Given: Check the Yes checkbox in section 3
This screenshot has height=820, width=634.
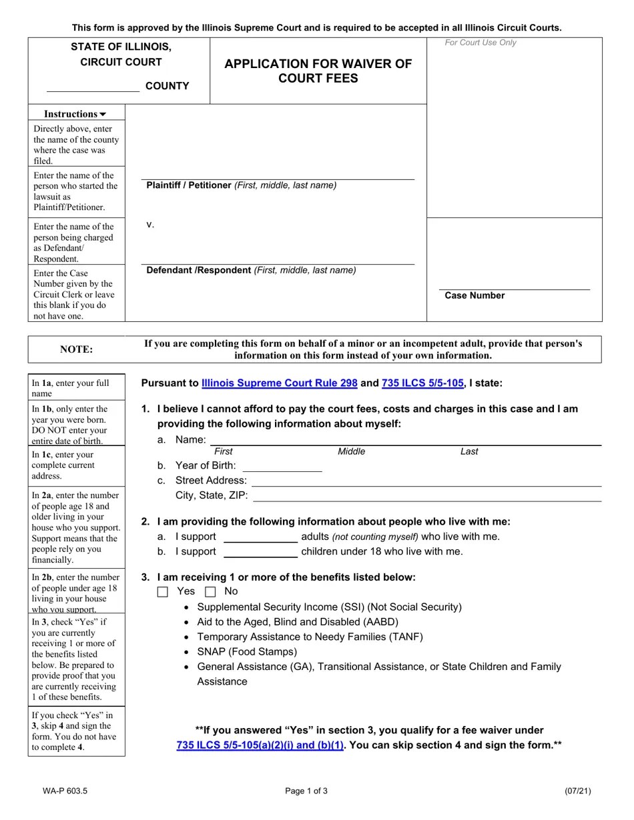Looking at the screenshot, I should click(163, 592).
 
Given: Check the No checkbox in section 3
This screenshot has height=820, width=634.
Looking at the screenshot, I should click(210, 592).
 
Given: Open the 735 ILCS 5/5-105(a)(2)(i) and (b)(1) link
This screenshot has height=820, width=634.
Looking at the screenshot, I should click(260, 745).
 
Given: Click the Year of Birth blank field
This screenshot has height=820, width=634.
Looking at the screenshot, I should click(282, 466).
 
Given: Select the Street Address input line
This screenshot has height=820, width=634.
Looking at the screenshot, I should click(426, 481).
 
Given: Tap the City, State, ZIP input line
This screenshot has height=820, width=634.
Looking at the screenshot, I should click(427, 495).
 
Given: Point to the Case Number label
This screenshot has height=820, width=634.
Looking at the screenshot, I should click(474, 296).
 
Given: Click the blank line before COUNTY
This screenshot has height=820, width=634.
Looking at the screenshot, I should click(93, 87).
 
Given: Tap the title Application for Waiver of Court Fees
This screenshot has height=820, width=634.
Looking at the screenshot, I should click(318, 71).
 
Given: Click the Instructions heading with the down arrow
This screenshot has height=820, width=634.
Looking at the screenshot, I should click(75, 114).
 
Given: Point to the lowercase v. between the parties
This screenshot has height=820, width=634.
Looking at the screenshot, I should click(150, 225).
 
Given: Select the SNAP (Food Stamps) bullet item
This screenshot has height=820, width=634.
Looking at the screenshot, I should click(247, 652).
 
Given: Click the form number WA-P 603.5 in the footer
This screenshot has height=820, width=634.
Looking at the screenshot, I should click(65, 791).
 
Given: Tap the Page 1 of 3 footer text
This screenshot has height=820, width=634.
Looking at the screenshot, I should click(306, 791).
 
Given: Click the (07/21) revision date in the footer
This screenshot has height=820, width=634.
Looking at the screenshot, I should click(577, 791).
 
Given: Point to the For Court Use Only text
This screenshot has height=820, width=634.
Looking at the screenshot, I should click(481, 43).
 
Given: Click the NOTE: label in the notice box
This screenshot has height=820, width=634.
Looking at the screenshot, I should click(77, 349).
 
